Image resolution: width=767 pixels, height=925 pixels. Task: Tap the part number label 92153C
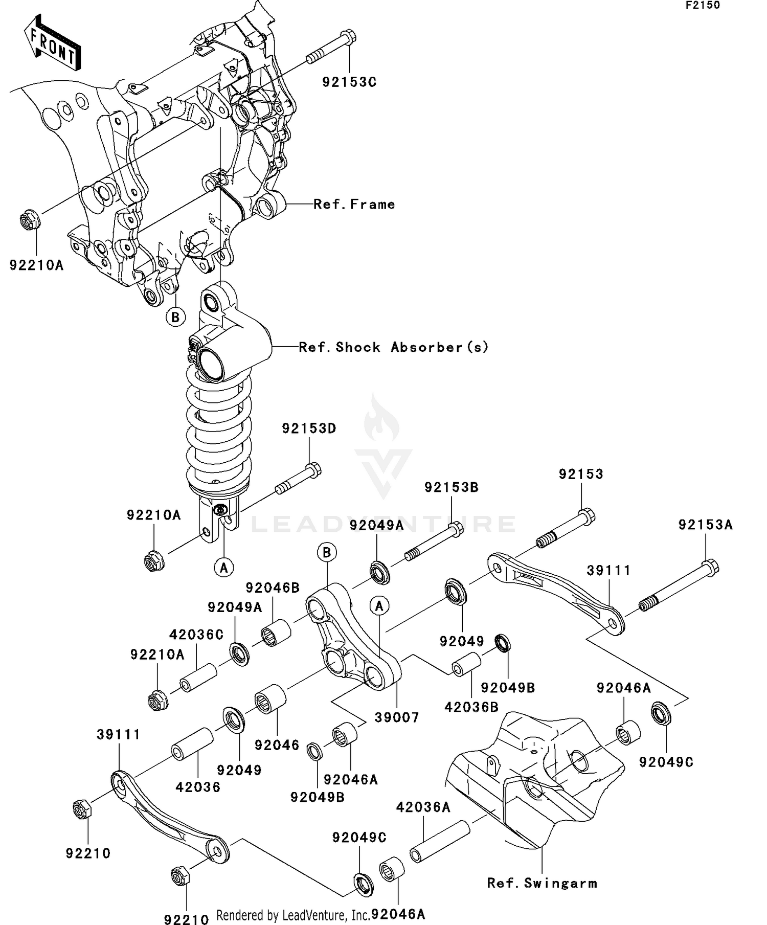tap(349, 82)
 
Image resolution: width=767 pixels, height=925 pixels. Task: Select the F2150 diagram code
tap(703, 5)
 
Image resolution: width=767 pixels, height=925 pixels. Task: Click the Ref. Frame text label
tap(354, 205)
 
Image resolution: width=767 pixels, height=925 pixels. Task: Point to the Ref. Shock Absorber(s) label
tap(393, 347)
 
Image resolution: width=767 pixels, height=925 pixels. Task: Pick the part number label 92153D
tap(309, 428)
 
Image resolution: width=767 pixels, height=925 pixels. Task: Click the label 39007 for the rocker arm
tap(396, 717)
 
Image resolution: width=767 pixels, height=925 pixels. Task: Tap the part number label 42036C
tap(196, 635)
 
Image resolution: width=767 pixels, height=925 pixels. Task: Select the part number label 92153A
tap(706, 525)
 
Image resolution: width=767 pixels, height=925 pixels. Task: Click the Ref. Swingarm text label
tap(542, 883)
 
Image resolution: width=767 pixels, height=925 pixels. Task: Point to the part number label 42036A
tap(423, 807)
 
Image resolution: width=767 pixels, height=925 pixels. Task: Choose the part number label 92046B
tap(273, 588)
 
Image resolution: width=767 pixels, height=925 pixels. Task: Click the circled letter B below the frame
tap(175, 317)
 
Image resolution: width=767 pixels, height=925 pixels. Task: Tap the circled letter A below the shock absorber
tap(224, 567)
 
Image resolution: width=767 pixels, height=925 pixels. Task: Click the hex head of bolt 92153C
tap(348, 37)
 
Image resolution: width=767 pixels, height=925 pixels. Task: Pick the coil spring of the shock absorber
tap(219, 430)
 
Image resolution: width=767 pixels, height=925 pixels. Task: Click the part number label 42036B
tap(471, 707)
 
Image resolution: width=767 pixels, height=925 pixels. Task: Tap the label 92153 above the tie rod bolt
tap(581, 474)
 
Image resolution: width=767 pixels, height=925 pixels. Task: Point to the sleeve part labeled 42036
tap(192, 744)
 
